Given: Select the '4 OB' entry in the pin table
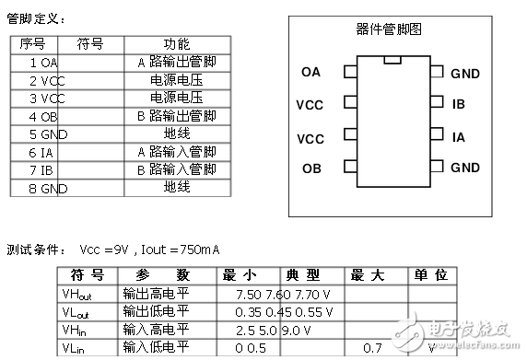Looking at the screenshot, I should pyautogui.click(x=43, y=116).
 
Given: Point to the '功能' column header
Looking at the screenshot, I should pyautogui.click(x=176, y=44).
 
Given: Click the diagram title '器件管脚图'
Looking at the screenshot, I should pyautogui.click(x=388, y=29).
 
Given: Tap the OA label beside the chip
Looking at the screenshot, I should pyautogui.click(x=311, y=71).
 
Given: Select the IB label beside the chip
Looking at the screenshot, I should pyautogui.click(x=459, y=104).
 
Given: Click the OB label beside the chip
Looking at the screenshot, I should pyautogui.click(x=311, y=168).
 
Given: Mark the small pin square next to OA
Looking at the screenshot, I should pyautogui.click(x=349, y=71).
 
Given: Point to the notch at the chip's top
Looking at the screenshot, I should pyautogui.click(x=393, y=61).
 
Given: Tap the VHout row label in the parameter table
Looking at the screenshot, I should pyautogui.click(x=76, y=294).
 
